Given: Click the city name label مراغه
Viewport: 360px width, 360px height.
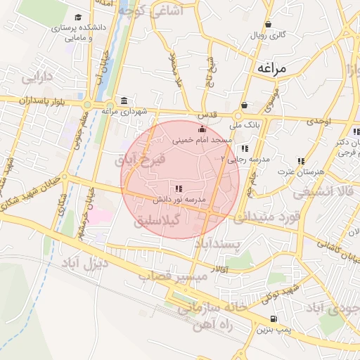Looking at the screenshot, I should point(274,68).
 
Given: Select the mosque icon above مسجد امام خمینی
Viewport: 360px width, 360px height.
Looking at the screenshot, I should point(202,129).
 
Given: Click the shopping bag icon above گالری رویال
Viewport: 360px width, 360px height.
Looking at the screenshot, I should point(269,24).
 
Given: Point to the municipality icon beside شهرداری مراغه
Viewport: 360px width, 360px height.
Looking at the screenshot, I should point(124,101).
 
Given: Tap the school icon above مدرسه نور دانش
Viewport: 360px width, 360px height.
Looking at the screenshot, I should point(179,188).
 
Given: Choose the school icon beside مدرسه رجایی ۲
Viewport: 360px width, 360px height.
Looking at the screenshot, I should point(244,149).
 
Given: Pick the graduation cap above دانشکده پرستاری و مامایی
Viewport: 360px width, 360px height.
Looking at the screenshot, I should point(78,18).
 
